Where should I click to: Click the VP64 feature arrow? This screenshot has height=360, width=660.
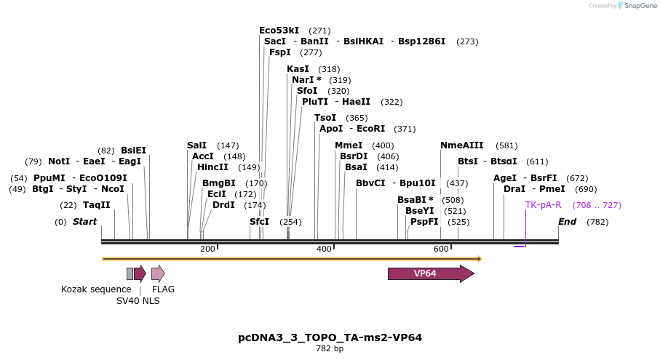(430, 273)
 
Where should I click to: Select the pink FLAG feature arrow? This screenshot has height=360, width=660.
(158, 273)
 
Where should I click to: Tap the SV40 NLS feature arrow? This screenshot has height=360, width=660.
(140, 273)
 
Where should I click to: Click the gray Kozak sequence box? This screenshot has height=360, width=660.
(130, 273)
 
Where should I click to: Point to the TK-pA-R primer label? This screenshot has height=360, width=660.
(543, 205)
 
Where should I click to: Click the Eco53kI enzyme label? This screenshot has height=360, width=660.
(279, 31)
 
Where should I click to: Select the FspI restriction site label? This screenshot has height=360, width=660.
(280, 52)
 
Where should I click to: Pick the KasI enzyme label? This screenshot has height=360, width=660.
(298, 69)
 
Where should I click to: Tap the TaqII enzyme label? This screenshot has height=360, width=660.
(96, 205)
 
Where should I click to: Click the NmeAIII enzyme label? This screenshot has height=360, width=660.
(464, 145)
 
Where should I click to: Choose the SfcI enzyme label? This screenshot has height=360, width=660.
(259, 222)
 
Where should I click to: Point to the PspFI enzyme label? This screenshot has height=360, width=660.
(424, 222)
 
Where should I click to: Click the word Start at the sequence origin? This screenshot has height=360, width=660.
(84, 222)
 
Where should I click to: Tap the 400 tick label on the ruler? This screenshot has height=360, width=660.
(325, 249)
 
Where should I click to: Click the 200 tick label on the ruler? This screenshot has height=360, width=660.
(207, 249)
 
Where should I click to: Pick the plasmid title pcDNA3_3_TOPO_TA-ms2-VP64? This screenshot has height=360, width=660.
(330, 337)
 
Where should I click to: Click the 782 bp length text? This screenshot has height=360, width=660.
(330, 349)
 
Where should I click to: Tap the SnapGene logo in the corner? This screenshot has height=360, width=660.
(634, 6)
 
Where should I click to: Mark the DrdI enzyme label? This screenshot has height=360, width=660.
(223, 205)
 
